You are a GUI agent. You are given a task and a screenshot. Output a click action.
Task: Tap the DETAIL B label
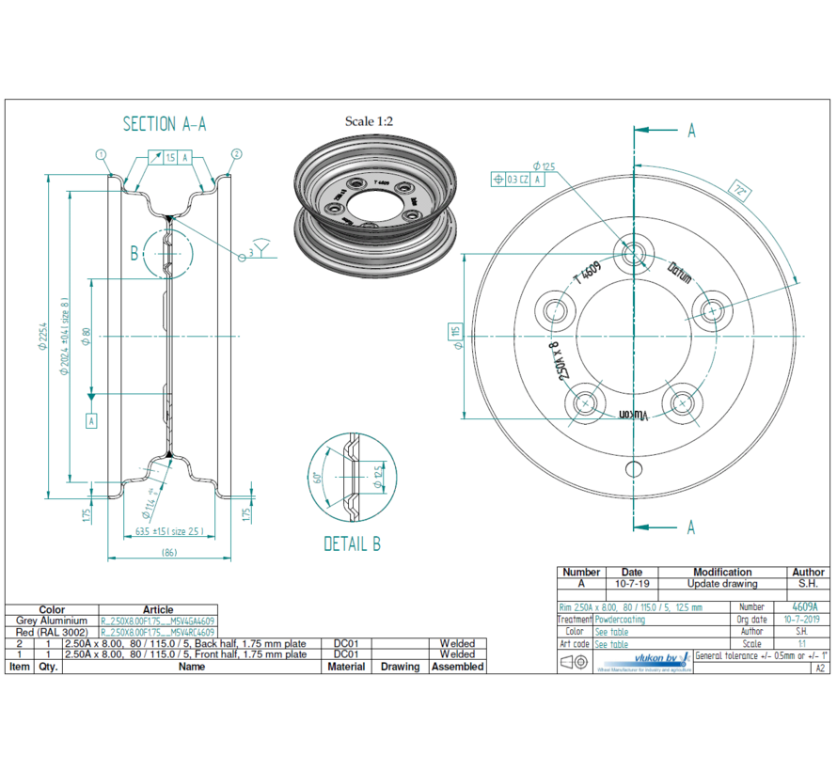point(352,543)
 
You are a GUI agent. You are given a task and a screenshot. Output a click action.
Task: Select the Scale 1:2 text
point(369,121)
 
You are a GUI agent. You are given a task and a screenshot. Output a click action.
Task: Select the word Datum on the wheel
point(679,274)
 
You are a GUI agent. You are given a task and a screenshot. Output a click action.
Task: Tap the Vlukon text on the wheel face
point(635,415)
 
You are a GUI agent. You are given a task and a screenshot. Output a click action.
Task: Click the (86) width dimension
point(169,552)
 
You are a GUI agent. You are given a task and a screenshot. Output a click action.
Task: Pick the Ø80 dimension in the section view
point(86,337)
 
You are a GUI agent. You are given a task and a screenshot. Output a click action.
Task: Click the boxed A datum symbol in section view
point(91,421)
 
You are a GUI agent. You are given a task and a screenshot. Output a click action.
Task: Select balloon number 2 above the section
point(236,154)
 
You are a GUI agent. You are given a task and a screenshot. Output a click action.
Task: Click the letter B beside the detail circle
point(134,252)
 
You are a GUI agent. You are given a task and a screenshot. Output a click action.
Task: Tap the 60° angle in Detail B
point(318,477)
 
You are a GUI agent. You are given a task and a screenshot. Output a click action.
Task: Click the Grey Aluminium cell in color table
point(52,622)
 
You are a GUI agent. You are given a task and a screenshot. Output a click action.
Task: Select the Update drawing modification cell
point(721,584)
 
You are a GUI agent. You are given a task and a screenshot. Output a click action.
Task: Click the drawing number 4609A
point(804,607)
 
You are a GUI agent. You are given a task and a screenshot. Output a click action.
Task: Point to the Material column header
point(347,667)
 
